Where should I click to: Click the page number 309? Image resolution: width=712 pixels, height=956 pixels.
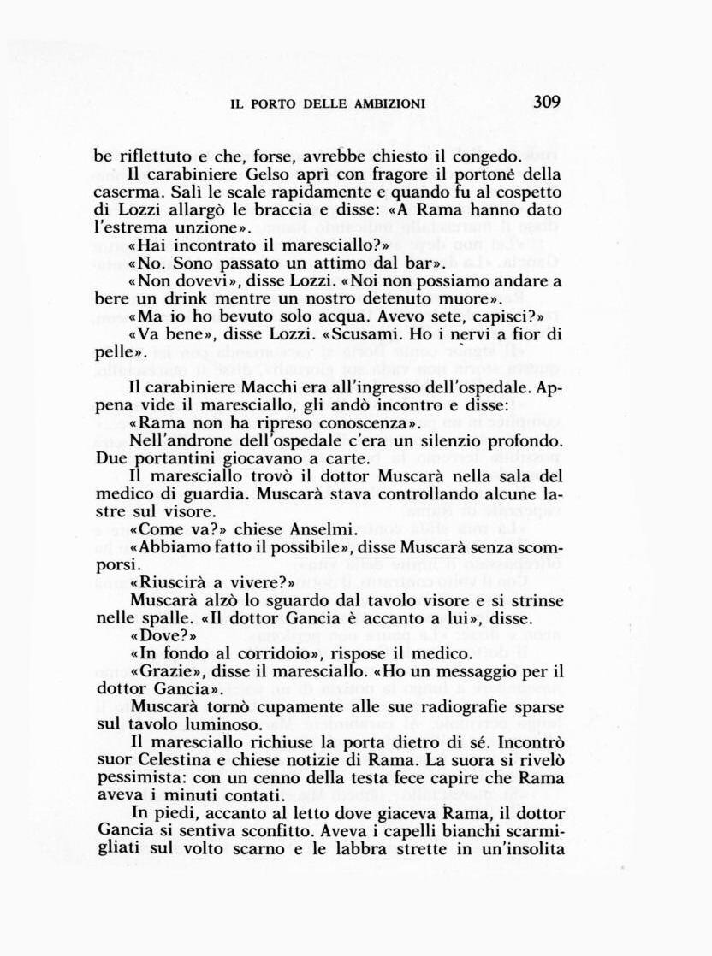point(546,102)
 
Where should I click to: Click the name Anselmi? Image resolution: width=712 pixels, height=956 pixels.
point(317,529)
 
